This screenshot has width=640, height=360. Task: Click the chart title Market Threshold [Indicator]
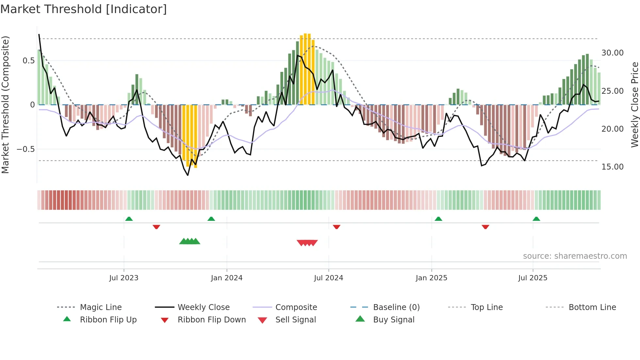[84, 9]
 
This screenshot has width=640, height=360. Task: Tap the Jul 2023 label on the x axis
[124, 278]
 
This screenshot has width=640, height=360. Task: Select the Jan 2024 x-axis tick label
[227, 278]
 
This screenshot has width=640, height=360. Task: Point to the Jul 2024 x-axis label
[328, 278]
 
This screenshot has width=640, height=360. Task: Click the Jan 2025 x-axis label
[431, 278]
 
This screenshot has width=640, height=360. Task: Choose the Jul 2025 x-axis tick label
[533, 278]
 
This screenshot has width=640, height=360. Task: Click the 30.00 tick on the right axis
[612, 53]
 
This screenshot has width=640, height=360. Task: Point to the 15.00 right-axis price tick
[612, 167]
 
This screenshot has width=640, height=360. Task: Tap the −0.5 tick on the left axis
[25, 149]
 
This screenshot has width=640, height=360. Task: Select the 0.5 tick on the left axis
[28, 61]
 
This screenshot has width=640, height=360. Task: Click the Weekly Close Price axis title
[634, 105]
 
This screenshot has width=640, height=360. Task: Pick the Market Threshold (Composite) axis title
[5, 105]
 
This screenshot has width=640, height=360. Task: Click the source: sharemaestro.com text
[575, 256]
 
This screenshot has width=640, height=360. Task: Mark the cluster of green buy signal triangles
[190, 241]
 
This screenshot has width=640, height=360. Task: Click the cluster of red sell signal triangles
[307, 243]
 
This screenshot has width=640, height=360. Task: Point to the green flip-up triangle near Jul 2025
[536, 219]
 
